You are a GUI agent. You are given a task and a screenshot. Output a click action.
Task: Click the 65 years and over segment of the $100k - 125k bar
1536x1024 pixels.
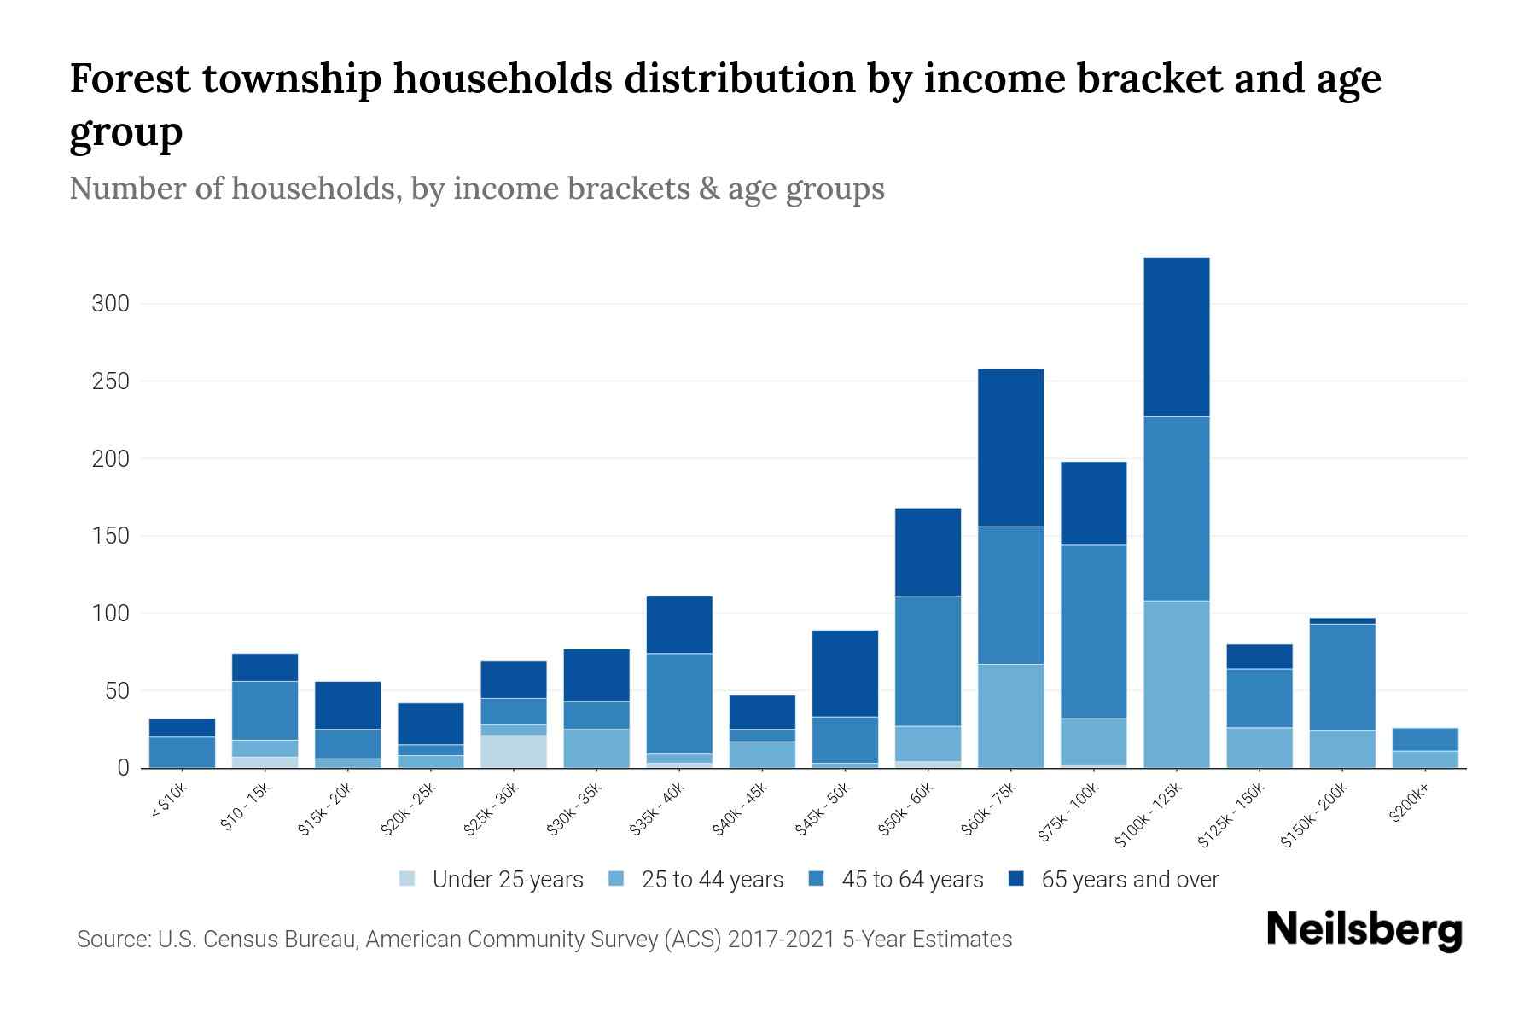tap(1176, 337)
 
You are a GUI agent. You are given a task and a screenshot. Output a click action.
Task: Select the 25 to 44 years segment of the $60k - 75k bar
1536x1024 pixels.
tap(1010, 716)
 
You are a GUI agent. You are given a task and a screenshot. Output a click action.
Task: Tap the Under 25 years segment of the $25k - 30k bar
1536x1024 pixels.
tap(513, 751)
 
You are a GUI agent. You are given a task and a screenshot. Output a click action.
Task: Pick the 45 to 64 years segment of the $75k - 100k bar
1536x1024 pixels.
tap(1093, 631)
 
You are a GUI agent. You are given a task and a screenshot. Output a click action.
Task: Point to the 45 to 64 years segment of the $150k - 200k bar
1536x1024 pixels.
tap(1341, 678)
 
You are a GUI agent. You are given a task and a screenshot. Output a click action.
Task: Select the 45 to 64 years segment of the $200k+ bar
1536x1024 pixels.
tap(1424, 739)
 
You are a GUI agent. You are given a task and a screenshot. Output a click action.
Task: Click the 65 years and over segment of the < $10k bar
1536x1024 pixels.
tap(182, 727)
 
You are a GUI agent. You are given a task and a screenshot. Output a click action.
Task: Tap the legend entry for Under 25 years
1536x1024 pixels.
tap(507, 880)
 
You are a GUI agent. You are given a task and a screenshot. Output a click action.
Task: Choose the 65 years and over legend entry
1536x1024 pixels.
tap(1129, 880)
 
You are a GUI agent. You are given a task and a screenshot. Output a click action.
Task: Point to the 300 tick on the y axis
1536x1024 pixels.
tap(110, 304)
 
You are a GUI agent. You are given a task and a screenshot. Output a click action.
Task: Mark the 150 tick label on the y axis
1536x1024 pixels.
tap(110, 536)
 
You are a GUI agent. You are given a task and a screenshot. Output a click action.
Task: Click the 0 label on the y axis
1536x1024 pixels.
tap(123, 768)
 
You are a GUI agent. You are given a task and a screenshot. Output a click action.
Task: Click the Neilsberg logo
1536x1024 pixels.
tap(1364, 930)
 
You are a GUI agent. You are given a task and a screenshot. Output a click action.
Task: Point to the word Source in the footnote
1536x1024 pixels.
tap(111, 940)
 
